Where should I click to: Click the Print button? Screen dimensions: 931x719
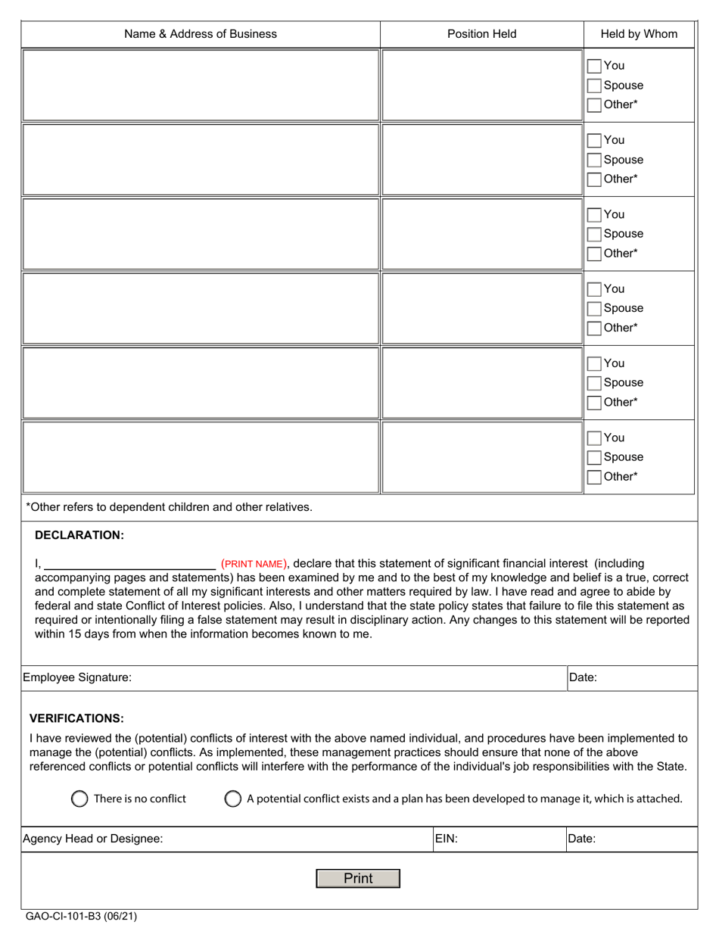click(357, 878)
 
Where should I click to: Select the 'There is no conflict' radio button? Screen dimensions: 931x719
click(79, 799)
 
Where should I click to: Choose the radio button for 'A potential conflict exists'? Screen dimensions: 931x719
click(233, 799)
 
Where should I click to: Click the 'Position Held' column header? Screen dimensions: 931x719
click(481, 34)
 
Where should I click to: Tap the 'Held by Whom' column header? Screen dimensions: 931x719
click(639, 34)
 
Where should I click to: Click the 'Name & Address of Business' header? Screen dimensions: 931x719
click(201, 34)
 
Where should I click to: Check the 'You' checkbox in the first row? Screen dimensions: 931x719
click(595, 66)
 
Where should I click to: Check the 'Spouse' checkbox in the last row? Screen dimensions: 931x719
click(595, 457)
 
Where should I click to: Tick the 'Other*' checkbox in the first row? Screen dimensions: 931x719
click(595, 105)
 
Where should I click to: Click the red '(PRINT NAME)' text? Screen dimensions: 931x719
click(254, 564)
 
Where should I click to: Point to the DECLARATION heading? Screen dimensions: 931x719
click(79, 535)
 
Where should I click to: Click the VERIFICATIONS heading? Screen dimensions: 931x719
click(76, 718)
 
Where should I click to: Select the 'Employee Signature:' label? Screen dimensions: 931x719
click(77, 678)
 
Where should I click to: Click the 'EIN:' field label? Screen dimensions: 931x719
click(447, 839)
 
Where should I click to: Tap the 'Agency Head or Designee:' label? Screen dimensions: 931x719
click(93, 839)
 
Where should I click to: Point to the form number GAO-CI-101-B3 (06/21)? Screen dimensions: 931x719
click(82, 917)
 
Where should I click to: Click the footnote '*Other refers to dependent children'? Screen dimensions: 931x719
click(169, 507)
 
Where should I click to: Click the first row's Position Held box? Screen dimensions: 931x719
click(481, 85)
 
